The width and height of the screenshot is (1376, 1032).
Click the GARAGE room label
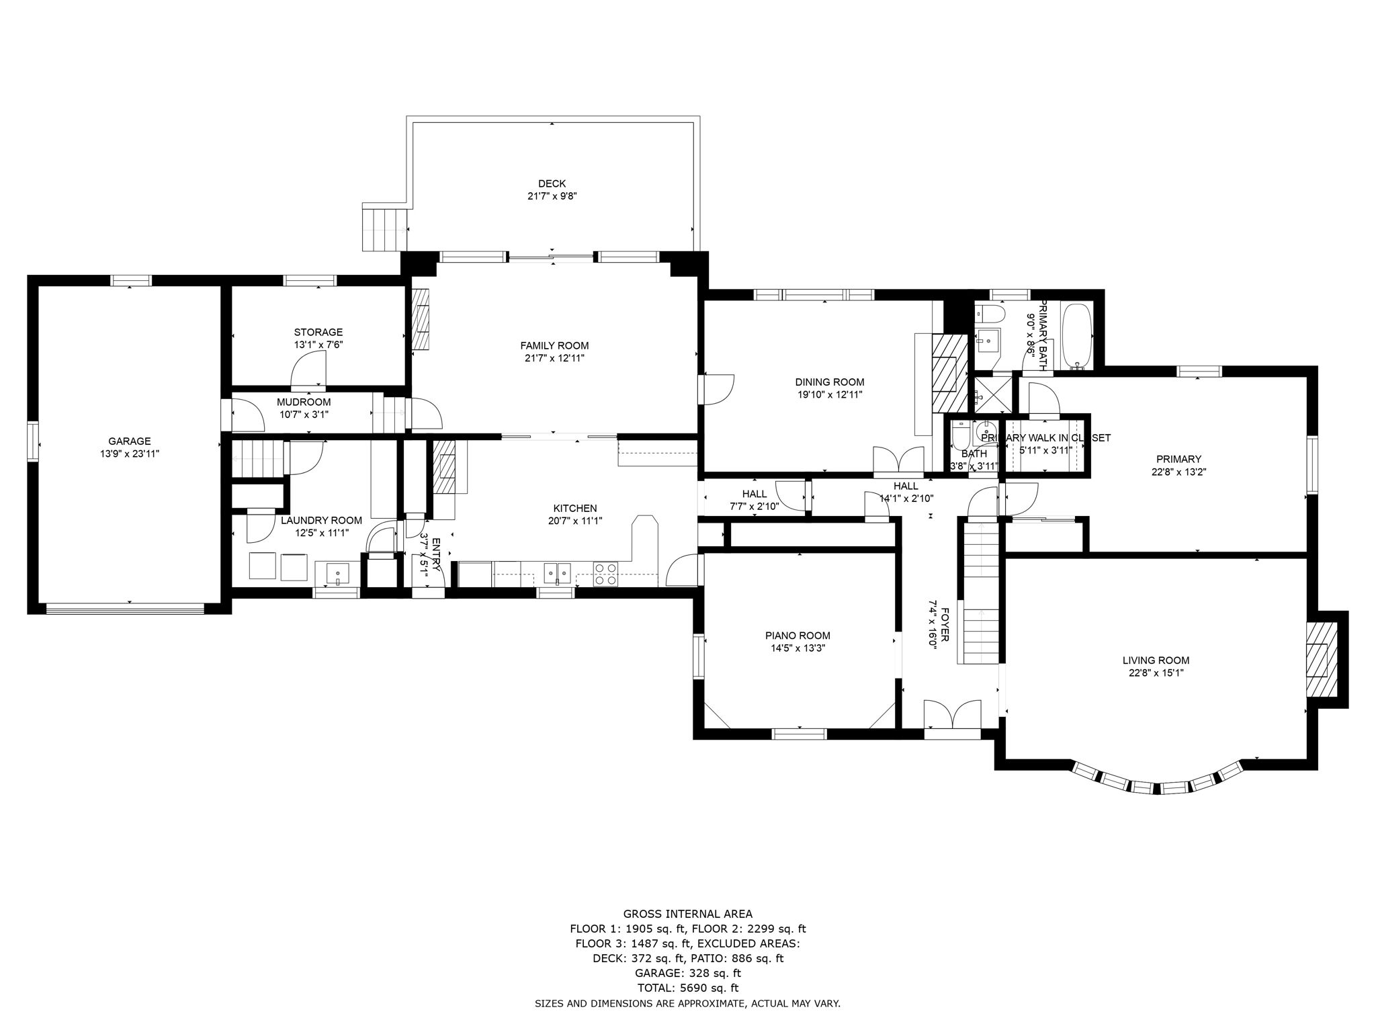(130, 441)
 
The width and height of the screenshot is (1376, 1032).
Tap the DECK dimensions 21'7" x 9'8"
(552, 197)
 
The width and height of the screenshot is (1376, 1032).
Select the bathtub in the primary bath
(1076, 336)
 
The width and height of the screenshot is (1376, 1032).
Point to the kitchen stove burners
(605, 572)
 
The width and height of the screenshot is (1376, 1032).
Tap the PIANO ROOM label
(798, 636)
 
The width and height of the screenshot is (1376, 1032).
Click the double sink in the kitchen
(557, 573)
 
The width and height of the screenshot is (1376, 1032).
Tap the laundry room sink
(337, 573)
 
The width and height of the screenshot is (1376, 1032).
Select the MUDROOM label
(304, 402)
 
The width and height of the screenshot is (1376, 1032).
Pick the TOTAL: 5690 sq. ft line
(687, 988)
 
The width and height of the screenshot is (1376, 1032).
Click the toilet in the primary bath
(990, 314)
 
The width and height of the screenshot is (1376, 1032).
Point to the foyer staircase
(980, 591)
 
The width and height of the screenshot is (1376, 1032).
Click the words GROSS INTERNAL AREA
(687, 914)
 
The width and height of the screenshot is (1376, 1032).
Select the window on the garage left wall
(32, 441)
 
